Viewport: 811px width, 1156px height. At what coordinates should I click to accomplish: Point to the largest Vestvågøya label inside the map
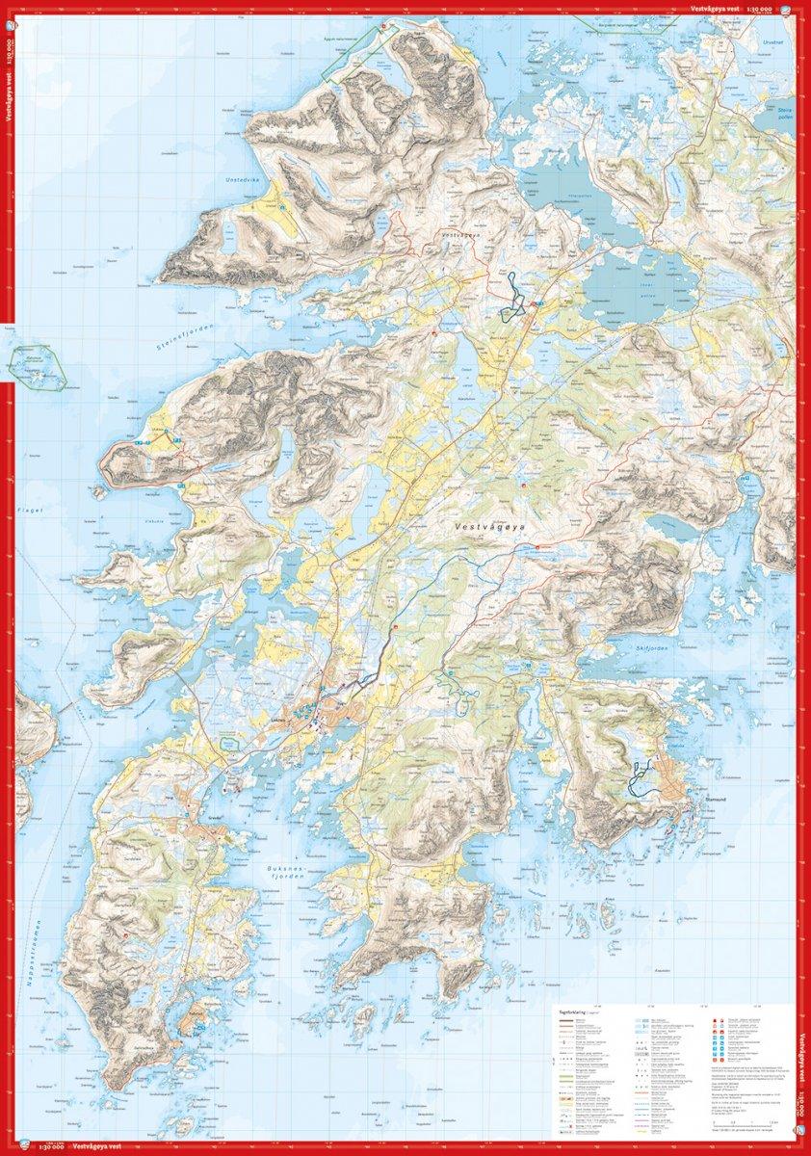point(494,527)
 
